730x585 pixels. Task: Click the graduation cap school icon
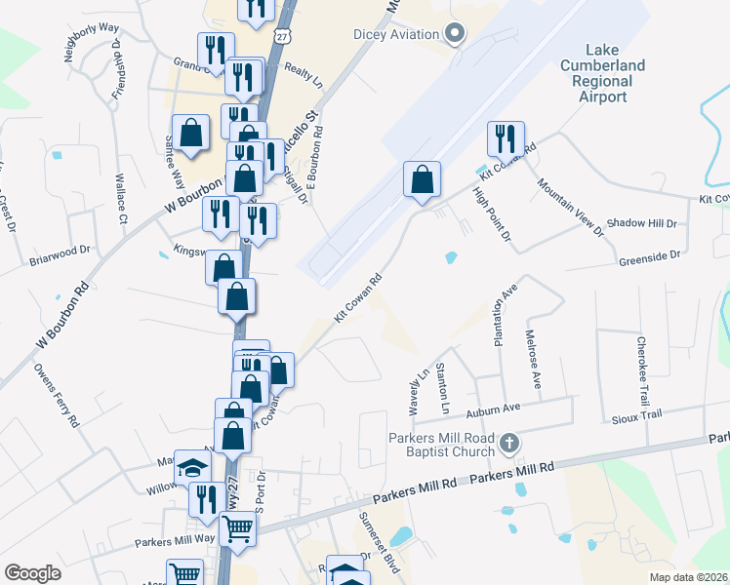[x=193, y=467]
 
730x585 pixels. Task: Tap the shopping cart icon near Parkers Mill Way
[x=237, y=529]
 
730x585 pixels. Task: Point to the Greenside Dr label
[x=649, y=255]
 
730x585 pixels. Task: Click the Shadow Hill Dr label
[x=641, y=223]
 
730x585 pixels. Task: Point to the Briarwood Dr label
[x=60, y=255]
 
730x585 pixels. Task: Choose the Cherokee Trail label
[x=641, y=364]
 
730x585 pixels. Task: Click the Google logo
[x=32, y=572]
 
